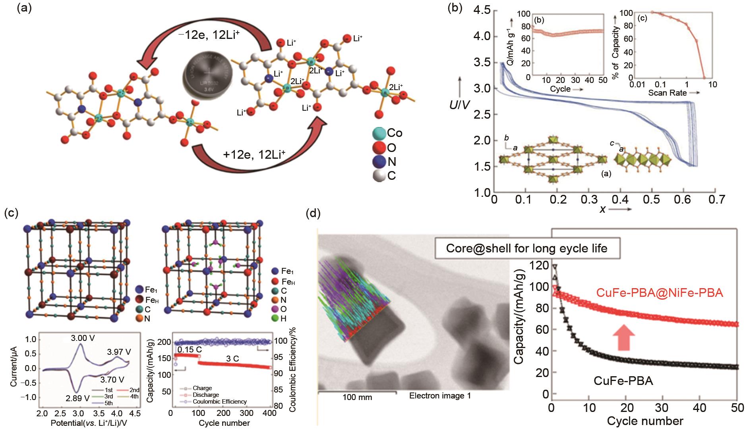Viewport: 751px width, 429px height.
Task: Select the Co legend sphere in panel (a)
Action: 379,133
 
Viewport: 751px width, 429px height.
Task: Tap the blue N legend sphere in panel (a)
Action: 379,162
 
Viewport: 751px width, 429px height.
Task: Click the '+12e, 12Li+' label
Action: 254,155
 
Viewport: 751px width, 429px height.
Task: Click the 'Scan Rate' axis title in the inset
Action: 668,93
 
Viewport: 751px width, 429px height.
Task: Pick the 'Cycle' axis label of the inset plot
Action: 560,89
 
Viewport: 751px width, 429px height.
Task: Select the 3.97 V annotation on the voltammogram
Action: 119,352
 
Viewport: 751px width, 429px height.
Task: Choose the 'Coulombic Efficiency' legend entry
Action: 219,402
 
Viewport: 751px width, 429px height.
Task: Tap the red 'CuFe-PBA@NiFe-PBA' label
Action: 659,293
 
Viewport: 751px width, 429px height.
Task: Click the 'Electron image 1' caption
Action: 440,396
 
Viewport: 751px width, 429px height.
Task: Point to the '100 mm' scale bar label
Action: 357,397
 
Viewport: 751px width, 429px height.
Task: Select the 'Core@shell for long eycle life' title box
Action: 526,248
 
